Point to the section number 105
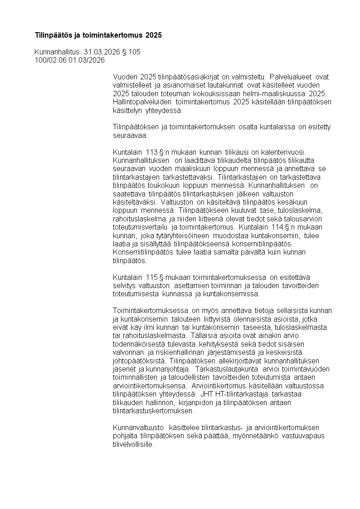135,52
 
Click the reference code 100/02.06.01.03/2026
69,60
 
